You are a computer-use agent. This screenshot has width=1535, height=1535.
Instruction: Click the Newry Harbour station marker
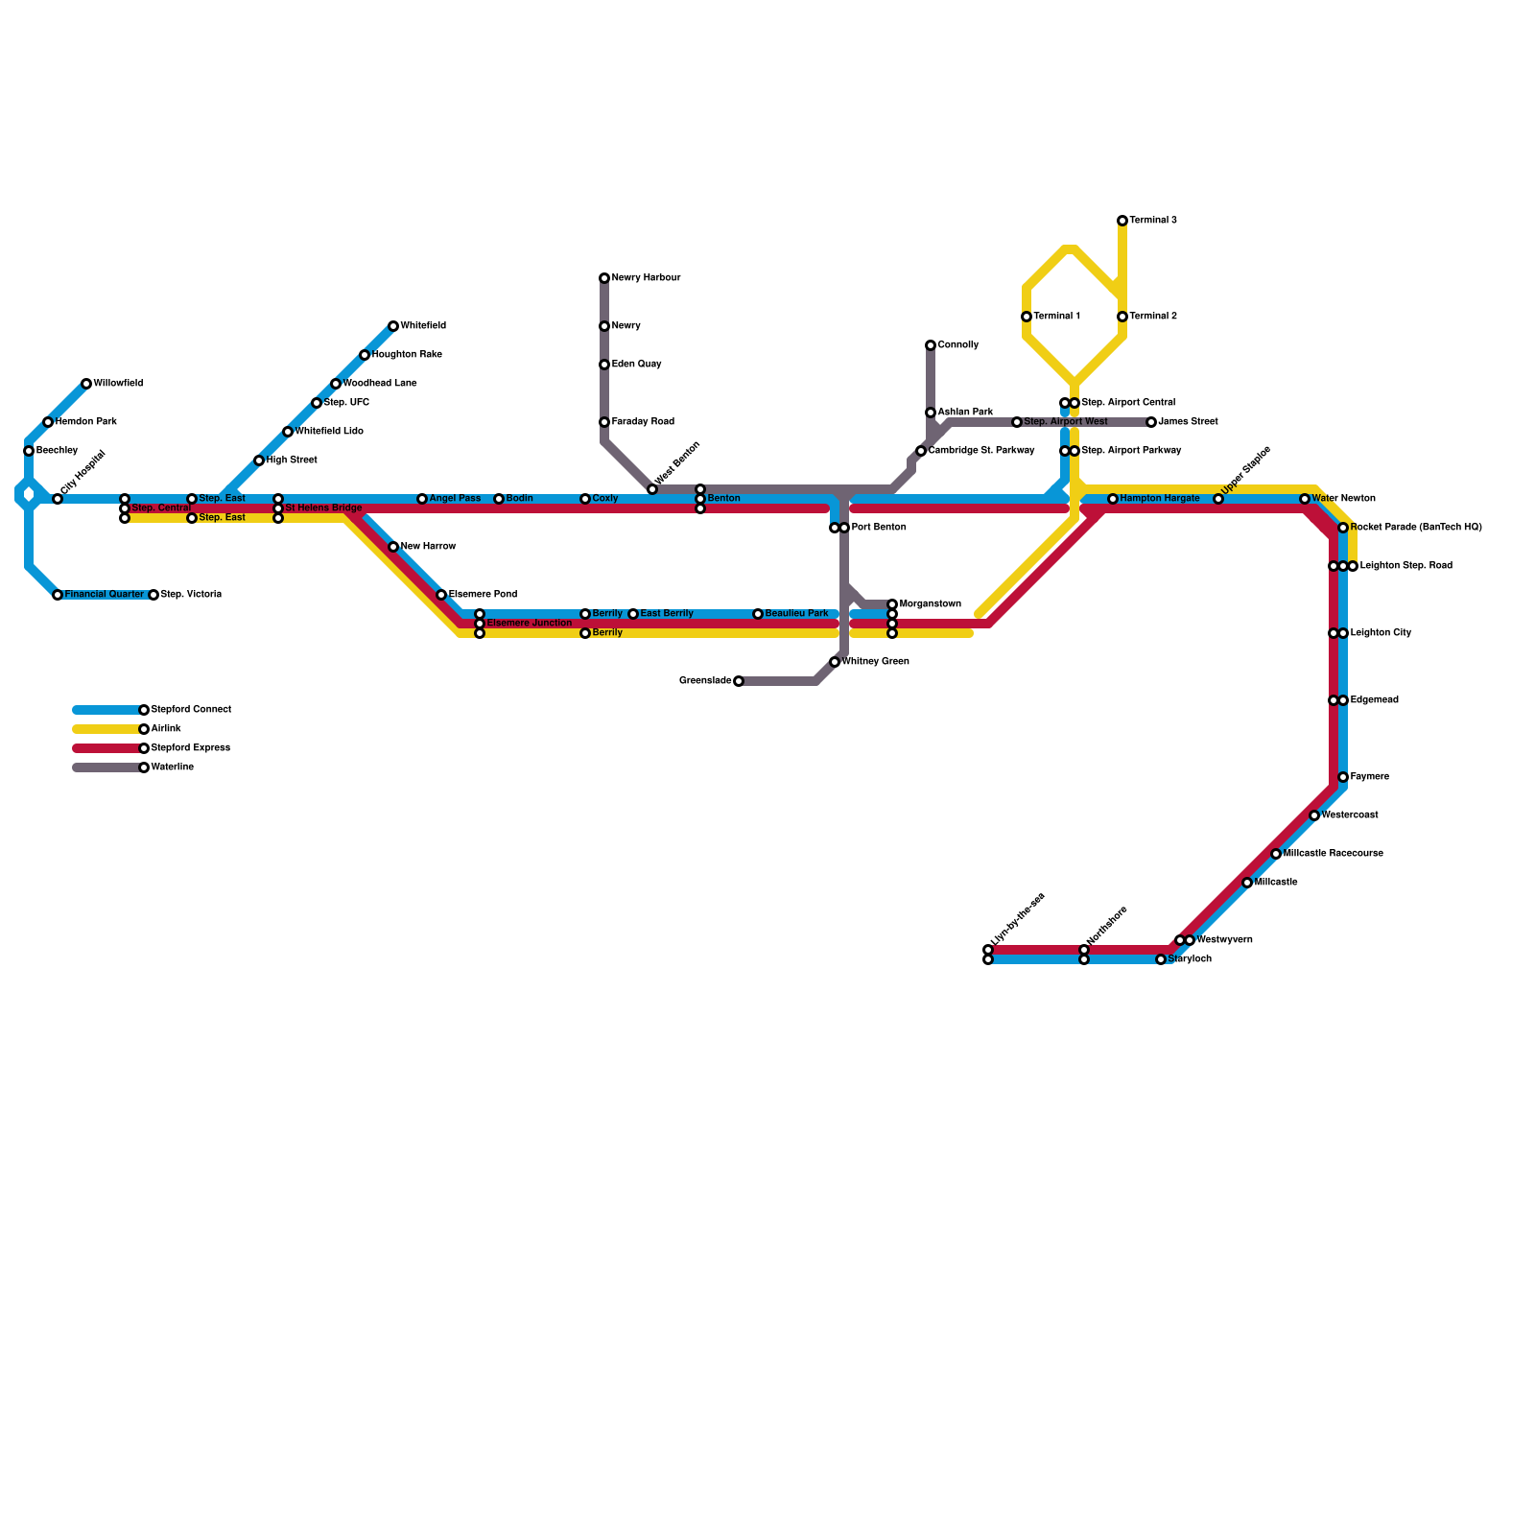[x=604, y=278]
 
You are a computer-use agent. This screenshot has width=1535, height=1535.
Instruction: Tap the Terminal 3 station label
[x=1152, y=221]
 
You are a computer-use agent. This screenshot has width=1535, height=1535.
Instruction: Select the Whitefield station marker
[x=393, y=326]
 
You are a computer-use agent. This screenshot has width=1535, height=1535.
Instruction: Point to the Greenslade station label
[x=705, y=681]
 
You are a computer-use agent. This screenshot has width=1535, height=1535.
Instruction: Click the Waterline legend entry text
[x=173, y=767]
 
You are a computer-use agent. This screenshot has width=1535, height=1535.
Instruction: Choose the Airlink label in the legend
[x=166, y=729]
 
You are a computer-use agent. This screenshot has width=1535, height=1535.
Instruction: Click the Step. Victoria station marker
[x=153, y=595]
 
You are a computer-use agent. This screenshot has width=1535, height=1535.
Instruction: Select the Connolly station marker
[x=931, y=345]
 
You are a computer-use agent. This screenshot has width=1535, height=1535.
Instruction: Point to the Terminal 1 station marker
[x=1027, y=317]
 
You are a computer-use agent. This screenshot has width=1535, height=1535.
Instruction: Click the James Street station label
[x=1188, y=422]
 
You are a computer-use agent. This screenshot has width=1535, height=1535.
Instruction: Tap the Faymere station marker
[x=1343, y=777]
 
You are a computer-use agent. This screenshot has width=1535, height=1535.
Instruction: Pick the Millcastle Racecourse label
[x=1333, y=854]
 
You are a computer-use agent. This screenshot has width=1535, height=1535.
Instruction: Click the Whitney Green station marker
[x=835, y=662]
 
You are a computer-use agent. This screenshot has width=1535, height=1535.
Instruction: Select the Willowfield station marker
[x=86, y=384]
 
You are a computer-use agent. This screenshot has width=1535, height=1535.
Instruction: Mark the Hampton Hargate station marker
[x=1113, y=499]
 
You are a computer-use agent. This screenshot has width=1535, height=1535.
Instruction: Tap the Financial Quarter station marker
[x=58, y=595]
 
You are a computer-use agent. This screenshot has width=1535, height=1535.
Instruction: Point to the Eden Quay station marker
[x=604, y=365]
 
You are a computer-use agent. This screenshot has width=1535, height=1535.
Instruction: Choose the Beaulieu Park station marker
[x=758, y=614]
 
